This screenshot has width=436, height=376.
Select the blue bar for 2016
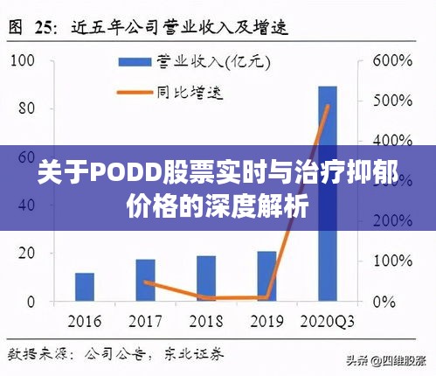pos(85,287)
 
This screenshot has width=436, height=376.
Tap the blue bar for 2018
pos(206,278)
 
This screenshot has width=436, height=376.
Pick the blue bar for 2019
pos(266,276)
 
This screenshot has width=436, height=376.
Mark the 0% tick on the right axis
pos(384,302)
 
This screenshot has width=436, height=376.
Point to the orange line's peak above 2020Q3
pos(329,107)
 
